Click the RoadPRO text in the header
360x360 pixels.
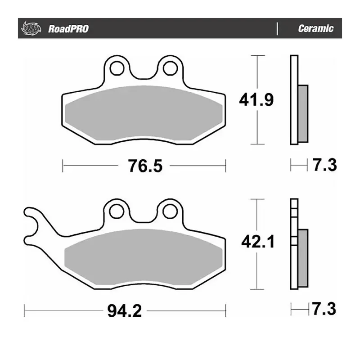point(68,29)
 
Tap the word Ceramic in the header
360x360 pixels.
point(315,29)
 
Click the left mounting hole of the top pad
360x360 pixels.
point(117,68)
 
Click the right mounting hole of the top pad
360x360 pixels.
point(170,68)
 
